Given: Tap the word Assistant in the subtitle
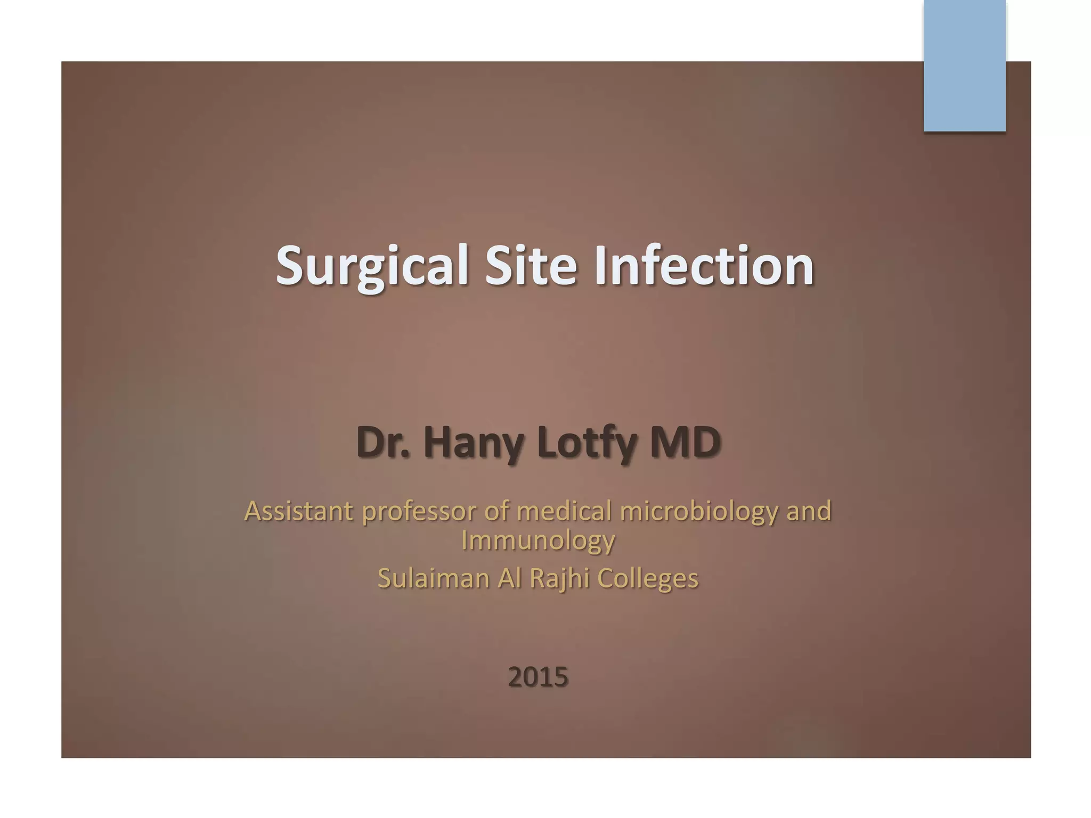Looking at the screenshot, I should click(299, 511).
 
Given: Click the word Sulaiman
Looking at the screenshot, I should click(433, 578).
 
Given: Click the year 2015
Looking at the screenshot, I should click(538, 677).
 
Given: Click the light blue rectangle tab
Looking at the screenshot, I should click(964, 66).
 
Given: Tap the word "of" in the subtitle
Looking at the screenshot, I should click(495, 511).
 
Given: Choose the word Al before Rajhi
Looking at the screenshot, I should click(509, 578).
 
